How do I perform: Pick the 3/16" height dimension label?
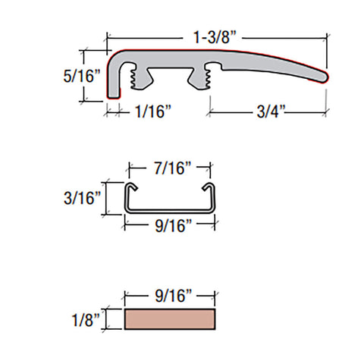(80, 198)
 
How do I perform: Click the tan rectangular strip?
(171, 319)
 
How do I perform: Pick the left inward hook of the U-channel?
(131, 187)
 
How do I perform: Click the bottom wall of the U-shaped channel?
(171, 209)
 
